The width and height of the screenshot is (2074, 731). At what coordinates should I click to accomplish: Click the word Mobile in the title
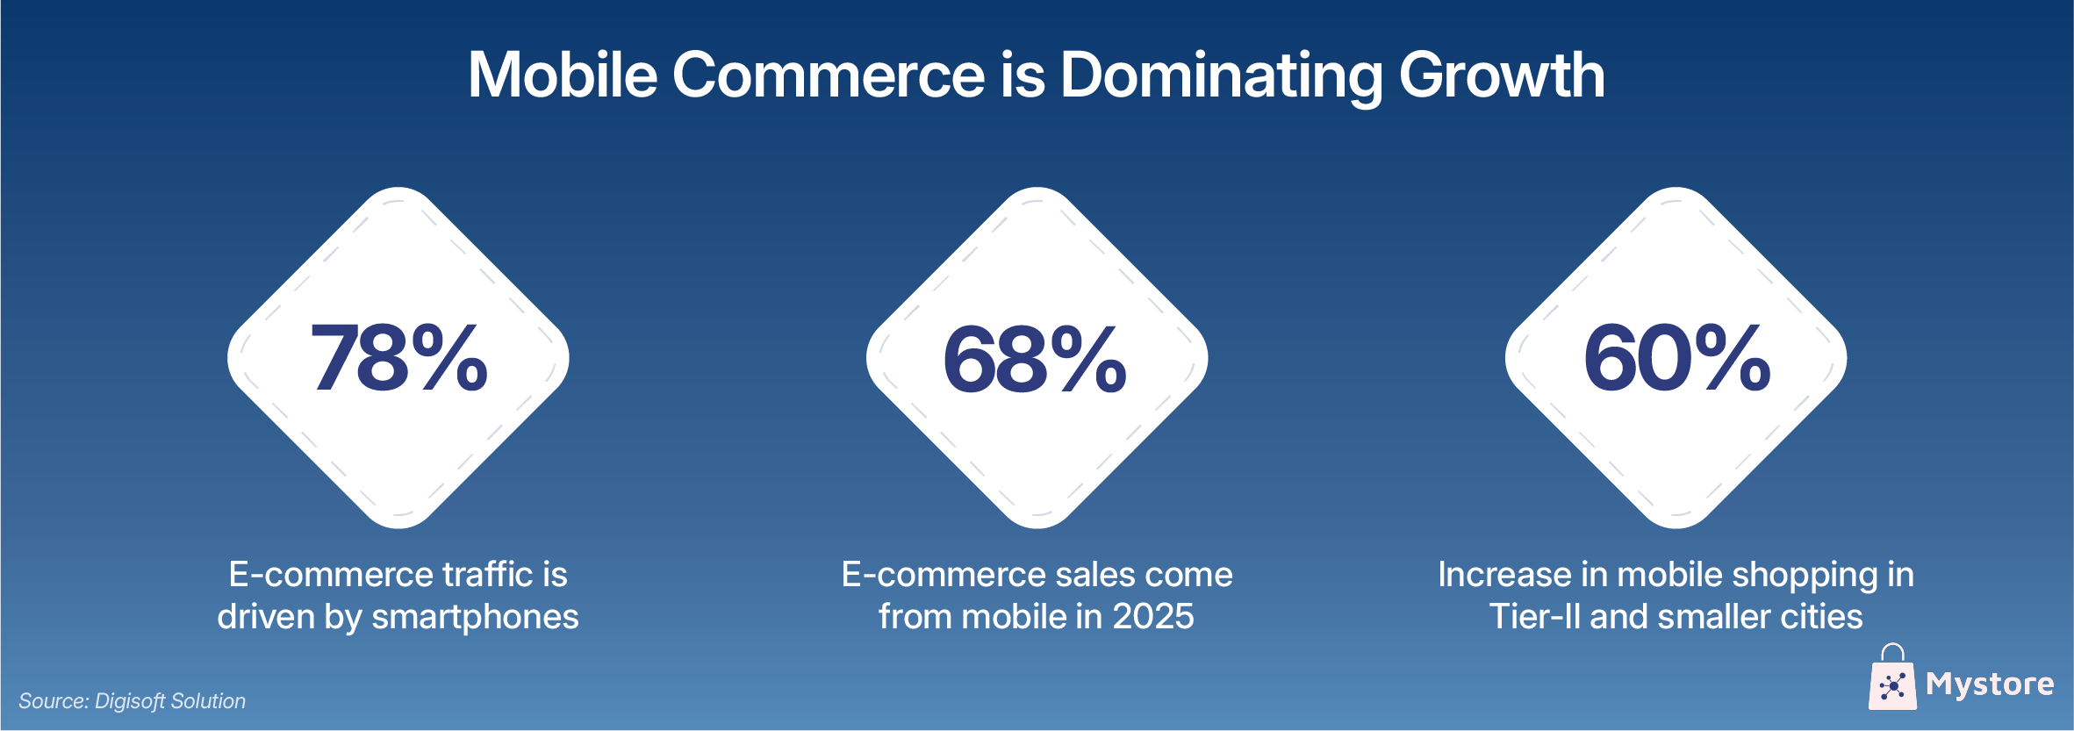563,75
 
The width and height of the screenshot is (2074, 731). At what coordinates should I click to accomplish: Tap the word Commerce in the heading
829,75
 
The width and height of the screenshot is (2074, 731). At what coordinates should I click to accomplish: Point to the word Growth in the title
1501,75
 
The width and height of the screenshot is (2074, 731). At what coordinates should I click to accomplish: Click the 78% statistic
398,358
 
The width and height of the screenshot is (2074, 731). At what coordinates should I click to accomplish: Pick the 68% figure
1036,358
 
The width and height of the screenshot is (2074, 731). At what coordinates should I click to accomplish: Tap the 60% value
1676,358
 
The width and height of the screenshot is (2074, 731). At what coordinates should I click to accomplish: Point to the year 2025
1153,617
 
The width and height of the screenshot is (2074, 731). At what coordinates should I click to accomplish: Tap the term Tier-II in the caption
1535,617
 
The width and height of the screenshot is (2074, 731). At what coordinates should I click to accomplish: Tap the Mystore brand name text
1990,684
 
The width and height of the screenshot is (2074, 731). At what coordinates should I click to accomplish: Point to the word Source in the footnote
53,701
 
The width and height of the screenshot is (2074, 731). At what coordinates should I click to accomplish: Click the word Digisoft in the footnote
130,701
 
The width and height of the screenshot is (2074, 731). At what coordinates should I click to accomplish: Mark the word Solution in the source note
208,701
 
